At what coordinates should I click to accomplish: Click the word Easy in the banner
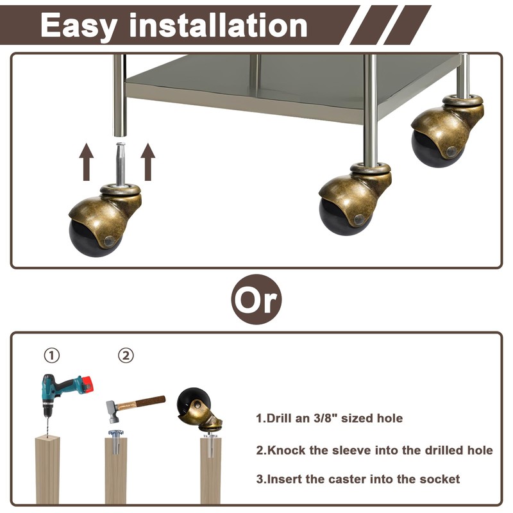[x=79, y=26]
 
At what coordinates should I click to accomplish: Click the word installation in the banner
[x=218, y=25]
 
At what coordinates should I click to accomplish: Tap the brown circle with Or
[x=256, y=299]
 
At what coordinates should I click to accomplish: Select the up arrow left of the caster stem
[x=87, y=162]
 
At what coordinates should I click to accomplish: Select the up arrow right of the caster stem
[x=148, y=162]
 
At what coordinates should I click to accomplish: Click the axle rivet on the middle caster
[x=359, y=219]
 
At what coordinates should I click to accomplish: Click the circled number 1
[x=52, y=355]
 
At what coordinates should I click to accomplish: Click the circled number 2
[x=126, y=355]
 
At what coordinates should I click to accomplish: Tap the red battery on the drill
[x=87, y=383]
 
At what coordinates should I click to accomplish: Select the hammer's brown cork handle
[x=141, y=403]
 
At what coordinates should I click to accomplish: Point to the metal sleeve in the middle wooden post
[x=115, y=442]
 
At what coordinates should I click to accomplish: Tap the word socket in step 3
[x=439, y=479]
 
